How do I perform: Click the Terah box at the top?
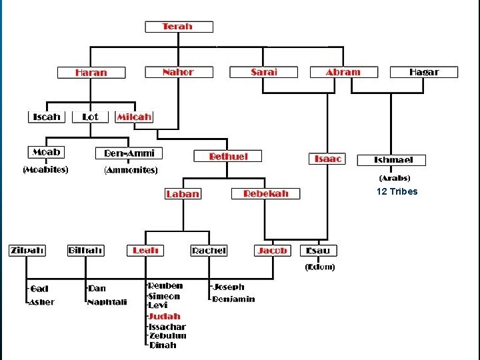tap(179, 27)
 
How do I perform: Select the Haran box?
tap(91, 73)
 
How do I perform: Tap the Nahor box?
tap(179, 72)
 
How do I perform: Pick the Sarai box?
tap(264, 72)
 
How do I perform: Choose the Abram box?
tap(343, 72)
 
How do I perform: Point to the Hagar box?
tap(424, 72)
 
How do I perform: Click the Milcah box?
tap(135, 117)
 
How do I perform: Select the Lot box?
tap(90, 117)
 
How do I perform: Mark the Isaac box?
tap(328, 159)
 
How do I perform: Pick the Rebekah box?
tap(266, 193)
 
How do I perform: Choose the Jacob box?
tap(273, 251)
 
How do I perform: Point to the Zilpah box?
tap(27, 251)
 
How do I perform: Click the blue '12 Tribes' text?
tap(397, 192)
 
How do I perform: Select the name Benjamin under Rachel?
tap(233, 299)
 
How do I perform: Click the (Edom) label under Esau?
tap(320, 267)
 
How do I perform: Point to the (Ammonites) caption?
tap(131, 170)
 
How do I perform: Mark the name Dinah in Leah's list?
tap(163, 345)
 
